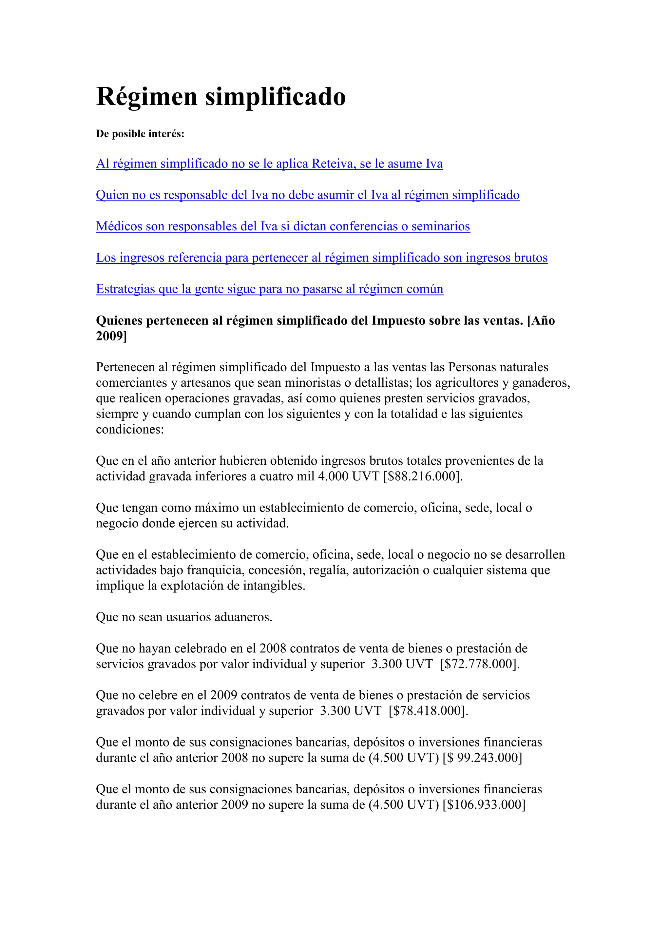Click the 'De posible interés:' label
(x=140, y=134)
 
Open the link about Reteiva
(x=269, y=164)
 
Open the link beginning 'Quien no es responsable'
(x=307, y=195)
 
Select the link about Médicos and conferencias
(x=283, y=226)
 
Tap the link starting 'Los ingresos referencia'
(x=321, y=258)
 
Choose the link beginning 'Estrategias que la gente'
(x=269, y=289)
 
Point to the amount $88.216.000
(x=421, y=476)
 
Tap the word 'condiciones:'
(x=130, y=430)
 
